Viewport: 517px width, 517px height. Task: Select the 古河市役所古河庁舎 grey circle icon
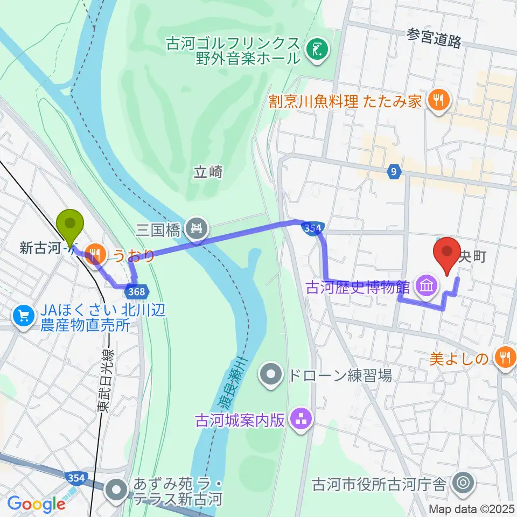pyautogui.click(x=462, y=483)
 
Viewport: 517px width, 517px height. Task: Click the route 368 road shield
pyautogui.click(x=137, y=291)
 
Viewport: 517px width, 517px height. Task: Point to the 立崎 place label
pyautogui.click(x=208, y=172)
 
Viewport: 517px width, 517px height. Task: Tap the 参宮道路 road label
pyautogui.click(x=435, y=38)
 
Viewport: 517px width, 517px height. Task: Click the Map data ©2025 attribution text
pyautogui.click(x=472, y=508)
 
